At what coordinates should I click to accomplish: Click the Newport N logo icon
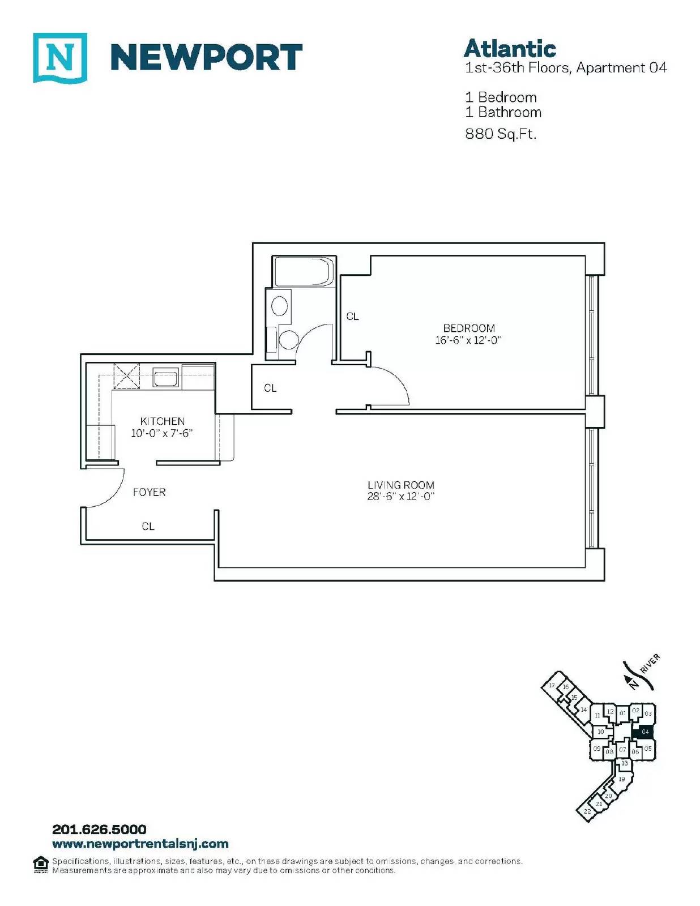(60, 58)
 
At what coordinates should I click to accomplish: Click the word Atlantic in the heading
(510, 48)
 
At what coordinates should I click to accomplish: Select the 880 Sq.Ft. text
(500, 134)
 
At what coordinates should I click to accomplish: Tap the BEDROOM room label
(468, 328)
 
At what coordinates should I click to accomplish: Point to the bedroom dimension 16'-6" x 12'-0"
(468, 340)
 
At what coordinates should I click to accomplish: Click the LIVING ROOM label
(400, 485)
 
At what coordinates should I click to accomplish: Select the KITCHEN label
(162, 421)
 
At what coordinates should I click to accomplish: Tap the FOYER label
(149, 493)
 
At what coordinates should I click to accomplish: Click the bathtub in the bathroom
(304, 271)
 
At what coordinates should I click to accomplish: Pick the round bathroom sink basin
(279, 306)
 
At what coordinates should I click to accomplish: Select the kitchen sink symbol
(167, 377)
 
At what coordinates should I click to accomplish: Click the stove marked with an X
(127, 376)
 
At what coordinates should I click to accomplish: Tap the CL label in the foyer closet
(148, 527)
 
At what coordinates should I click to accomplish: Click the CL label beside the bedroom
(352, 317)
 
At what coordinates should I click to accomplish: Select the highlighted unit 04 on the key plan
(644, 732)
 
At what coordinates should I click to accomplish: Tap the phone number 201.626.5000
(99, 830)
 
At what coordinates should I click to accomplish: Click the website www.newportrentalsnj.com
(140, 844)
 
